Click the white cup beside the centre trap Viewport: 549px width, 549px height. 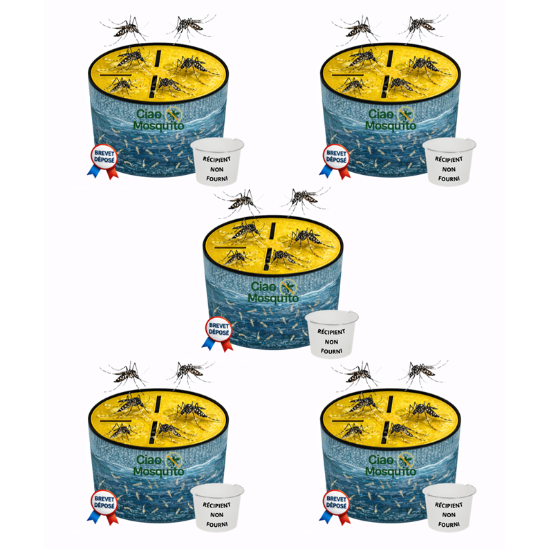pos(332,334)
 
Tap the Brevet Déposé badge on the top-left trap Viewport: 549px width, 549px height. pos(103,161)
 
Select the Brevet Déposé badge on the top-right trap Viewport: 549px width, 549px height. pos(335,161)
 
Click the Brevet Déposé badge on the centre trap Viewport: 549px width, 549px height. pos(218,334)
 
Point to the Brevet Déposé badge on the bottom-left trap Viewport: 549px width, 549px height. pos(103,507)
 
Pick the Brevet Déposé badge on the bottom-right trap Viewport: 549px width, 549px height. pos(335,507)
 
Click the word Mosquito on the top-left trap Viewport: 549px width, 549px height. pos(158,126)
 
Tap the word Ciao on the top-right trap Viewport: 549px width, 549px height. pos(381,114)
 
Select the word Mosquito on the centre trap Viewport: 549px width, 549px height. pos(273,298)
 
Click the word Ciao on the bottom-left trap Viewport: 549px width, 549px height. pos(149,460)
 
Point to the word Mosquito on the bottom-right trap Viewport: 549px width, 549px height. pos(391,472)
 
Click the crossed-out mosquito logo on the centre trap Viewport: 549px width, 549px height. pos(288,288)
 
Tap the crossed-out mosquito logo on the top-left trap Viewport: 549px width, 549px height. pos(174,115)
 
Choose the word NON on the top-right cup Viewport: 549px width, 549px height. pos(449,169)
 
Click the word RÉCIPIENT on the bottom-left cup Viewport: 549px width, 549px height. pos(216,505)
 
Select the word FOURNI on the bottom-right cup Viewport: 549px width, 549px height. pos(449,525)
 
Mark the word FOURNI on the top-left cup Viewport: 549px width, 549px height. pos(216,178)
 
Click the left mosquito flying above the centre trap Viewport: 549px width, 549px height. pos(240,202)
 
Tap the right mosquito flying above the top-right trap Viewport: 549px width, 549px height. pos(422,26)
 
